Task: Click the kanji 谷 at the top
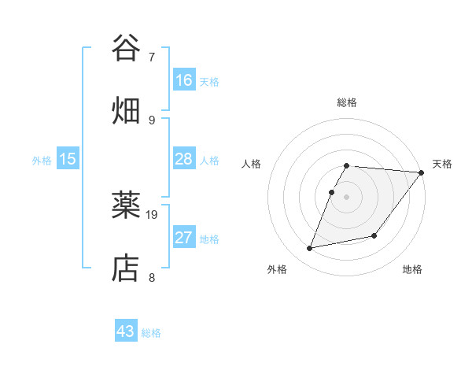[x=127, y=48]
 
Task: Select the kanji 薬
[x=127, y=205]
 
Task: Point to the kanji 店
[x=127, y=268]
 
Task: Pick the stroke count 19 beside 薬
[x=153, y=214]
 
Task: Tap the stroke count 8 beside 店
[x=151, y=277]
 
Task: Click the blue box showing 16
[x=184, y=80]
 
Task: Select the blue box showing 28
[x=184, y=159]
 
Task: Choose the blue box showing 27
[x=184, y=238]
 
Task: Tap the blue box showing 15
[x=68, y=159]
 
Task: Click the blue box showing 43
[x=126, y=331]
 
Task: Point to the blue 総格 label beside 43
[x=151, y=333]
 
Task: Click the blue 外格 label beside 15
[x=42, y=161]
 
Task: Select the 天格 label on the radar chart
[x=442, y=164]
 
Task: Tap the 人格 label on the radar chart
[x=252, y=164]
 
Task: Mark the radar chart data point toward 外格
[x=310, y=249]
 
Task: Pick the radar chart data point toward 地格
[x=374, y=235]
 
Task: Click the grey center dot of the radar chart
[x=347, y=197]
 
